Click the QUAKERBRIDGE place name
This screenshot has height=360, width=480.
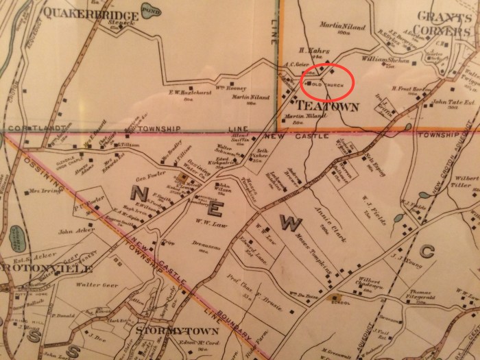(x=77, y=12)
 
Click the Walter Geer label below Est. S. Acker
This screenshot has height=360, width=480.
(x=93, y=284)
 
